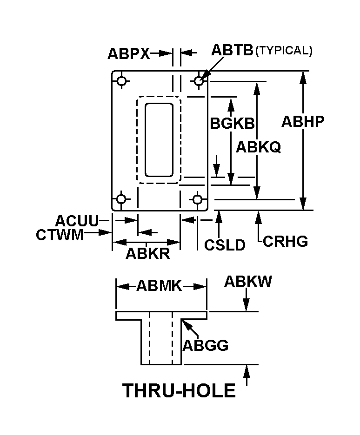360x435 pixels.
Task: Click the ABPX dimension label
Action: click(128, 53)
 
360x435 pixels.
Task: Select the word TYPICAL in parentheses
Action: click(284, 51)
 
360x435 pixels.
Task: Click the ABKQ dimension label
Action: click(258, 147)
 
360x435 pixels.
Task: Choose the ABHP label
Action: click(303, 121)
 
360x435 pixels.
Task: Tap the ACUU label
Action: click(77, 220)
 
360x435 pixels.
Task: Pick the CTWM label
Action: click(60, 235)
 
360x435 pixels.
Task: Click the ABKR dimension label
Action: click(147, 254)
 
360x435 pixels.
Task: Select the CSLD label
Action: click(225, 245)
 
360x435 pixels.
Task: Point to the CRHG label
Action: click(286, 241)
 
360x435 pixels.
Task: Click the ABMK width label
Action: click(159, 286)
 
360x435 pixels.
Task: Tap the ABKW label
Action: click(248, 282)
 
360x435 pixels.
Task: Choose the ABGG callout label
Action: click(205, 346)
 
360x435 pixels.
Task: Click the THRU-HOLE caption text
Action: click(179, 391)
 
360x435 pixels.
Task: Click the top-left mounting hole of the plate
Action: click(122, 81)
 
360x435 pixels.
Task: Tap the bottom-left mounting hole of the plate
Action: click(121, 200)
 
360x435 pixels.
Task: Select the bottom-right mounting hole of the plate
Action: click(198, 200)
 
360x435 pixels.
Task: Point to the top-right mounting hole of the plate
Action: click(199, 81)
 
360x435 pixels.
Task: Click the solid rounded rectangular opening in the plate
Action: click(159, 140)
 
